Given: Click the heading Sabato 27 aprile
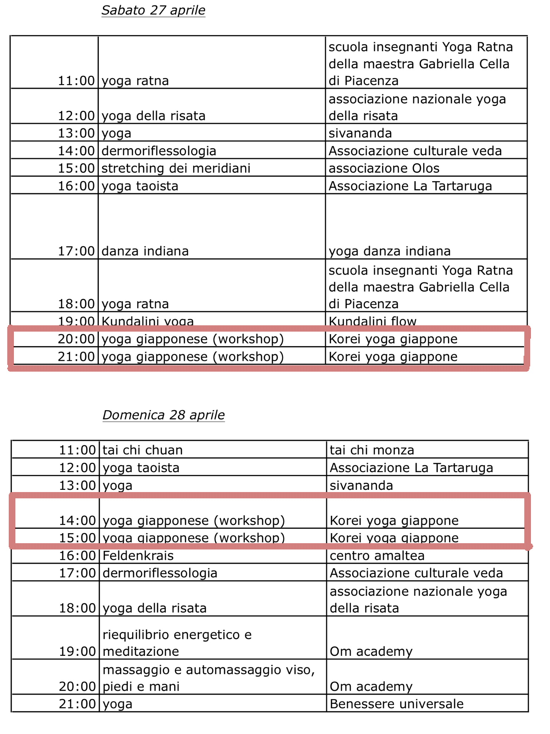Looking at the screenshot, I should click(153, 10).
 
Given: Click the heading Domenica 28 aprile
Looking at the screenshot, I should click(163, 415).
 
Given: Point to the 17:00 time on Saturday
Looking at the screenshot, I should click(76, 251).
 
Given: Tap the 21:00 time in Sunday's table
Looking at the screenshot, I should click(77, 704).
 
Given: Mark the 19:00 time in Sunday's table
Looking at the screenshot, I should click(77, 651).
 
